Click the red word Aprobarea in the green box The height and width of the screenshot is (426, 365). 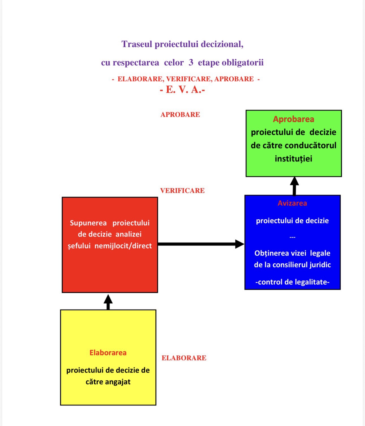[x=293, y=119]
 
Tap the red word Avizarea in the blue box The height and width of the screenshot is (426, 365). [x=292, y=203]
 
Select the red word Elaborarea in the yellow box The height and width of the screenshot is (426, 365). [x=108, y=353]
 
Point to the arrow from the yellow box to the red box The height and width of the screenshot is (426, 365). [x=108, y=302]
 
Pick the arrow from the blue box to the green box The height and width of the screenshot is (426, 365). [x=294, y=186]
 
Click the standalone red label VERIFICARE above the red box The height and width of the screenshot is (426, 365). [x=182, y=191]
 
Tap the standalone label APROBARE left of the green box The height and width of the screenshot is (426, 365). [x=180, y=114]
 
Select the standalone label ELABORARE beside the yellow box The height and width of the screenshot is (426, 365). [x=184, y=358]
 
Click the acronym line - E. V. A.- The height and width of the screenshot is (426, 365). [x=182, y=90]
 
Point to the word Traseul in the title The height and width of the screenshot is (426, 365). [x=137, y=44]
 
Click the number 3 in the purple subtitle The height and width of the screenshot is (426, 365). [x=191, y=62]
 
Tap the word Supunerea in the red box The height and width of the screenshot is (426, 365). [x=88, y=223]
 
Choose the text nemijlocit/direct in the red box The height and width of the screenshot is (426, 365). [x=123, y=246]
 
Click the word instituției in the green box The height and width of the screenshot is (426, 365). [x=293, y=159]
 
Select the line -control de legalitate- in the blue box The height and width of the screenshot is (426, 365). [x=292, y=282]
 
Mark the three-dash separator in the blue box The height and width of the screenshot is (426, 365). [x=292, y=237]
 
